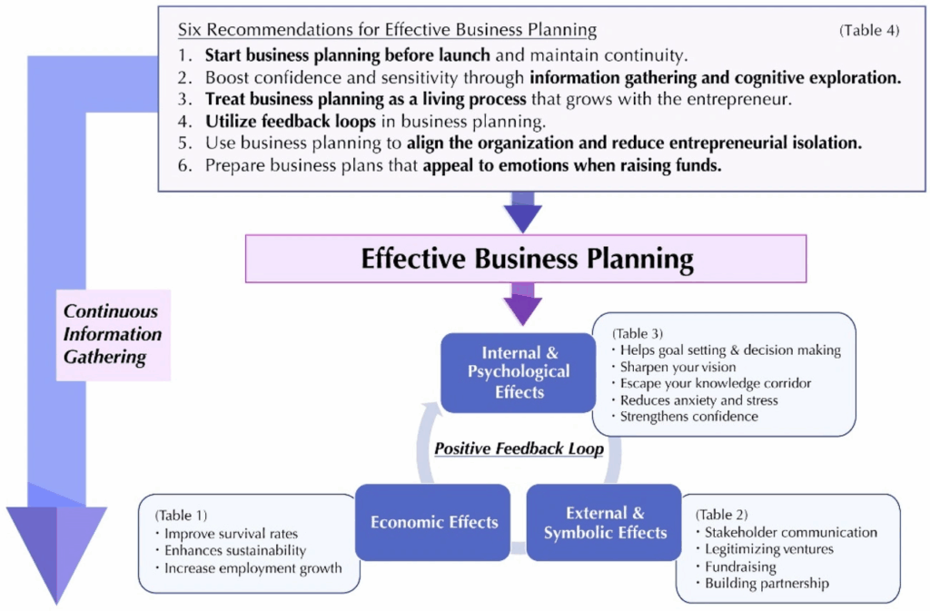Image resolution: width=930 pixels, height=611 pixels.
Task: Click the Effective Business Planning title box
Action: pyautogui.click(x=526, y=259)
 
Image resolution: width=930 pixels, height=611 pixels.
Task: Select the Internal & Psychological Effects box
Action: pyautogui.click(x=519, y=372)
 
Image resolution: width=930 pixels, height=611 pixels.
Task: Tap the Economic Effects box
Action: pyautogui.click(x=433, y=522)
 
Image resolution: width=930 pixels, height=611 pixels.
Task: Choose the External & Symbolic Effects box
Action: pyautogui.click(x=605, y=522)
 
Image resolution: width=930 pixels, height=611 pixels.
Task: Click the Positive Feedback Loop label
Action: pyautogui.click(x=519, y=448)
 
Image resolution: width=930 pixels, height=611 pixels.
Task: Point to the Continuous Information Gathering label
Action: pyautogui.click(x=112, y=334)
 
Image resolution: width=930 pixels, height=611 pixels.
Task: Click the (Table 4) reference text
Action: pyautogui.click(x=869, y=30)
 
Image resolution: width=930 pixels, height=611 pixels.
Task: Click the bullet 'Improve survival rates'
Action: pyautogui.click(x=231, y=533)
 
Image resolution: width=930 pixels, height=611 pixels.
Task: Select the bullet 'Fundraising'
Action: pyautogui.click(x=740, y=567)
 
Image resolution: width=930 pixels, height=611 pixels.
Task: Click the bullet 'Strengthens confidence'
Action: pyautogui.click(x=688, y=416)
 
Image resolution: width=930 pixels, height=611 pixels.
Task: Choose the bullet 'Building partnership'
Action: pyautogui.click(x=767, y=584)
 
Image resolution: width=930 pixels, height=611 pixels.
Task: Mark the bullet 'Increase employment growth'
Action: pyautogui.click(x=252, y=568)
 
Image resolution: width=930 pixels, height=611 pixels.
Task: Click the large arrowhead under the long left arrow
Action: pyautogui.click(x=56, y=549)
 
